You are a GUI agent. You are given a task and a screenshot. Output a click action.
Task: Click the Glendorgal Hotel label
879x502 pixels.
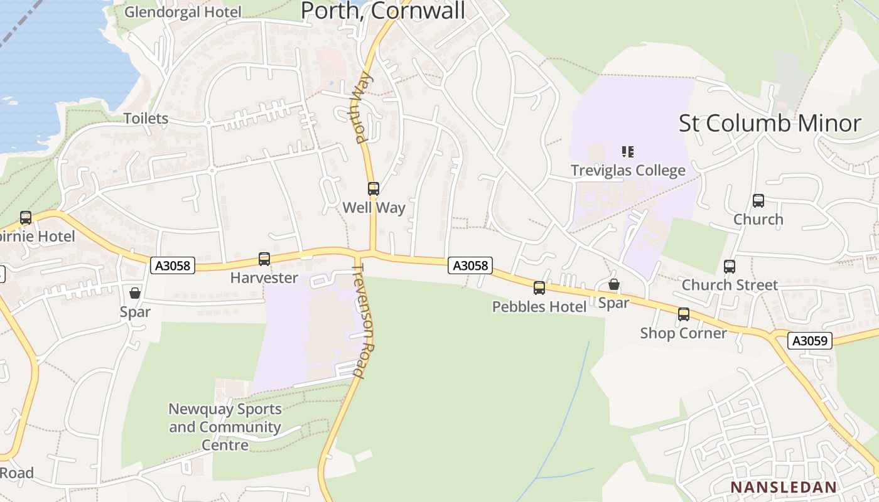183,12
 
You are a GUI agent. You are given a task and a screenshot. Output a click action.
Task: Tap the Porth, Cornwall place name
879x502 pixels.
383,11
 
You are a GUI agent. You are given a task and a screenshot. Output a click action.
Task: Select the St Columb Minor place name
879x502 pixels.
770,123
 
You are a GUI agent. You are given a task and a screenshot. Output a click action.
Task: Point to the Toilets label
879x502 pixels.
146,118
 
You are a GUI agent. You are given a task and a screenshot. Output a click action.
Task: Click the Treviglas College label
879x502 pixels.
628,170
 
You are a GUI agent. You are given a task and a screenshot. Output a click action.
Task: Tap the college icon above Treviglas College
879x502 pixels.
628,151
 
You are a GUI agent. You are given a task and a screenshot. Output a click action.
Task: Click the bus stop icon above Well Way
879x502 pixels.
374,188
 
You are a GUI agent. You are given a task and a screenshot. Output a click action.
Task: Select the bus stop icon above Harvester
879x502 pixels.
264,259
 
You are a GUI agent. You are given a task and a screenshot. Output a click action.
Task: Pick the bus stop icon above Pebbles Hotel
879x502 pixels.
539,288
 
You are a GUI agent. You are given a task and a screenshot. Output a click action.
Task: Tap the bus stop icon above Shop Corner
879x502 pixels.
684,314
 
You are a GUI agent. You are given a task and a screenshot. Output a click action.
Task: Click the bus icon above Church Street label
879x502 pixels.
730,267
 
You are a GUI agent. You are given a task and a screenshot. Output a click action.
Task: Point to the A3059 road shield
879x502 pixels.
810,341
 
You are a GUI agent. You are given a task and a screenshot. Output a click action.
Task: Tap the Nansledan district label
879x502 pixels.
784,487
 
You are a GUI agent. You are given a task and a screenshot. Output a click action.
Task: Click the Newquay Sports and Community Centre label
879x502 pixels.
225,427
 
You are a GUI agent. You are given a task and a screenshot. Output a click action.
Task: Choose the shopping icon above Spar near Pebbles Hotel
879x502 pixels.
614,285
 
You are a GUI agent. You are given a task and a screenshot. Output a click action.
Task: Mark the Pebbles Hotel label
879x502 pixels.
539,306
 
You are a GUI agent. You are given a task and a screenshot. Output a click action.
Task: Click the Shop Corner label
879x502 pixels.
683,333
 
